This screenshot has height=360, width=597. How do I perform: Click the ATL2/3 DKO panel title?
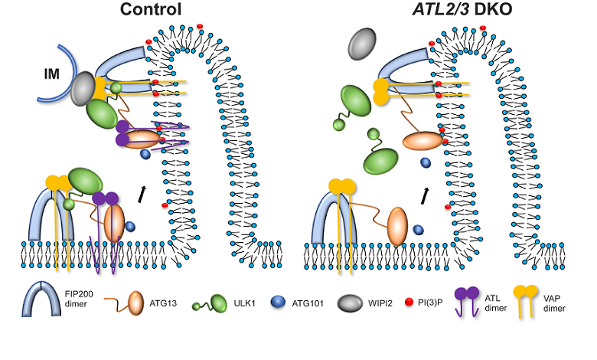click(436, 10)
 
